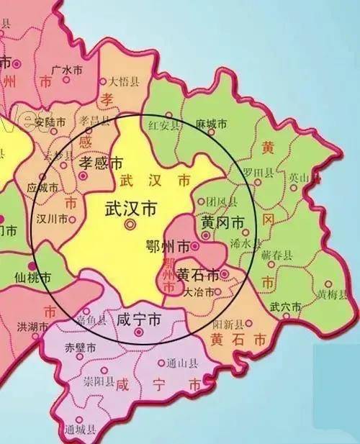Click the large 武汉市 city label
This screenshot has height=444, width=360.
(x=130, y=209)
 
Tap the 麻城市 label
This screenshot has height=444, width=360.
(x=212, y=124)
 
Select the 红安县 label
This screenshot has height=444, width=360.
(x=162, y=126)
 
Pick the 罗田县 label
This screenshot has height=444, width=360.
(x=258, y=173)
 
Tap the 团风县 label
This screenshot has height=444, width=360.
(x=221, y=201)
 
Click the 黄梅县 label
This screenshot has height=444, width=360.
(x=332, y=294)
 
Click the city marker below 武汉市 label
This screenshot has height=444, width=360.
(x=130, y=225)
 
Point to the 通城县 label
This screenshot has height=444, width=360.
(x=79, y=430)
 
